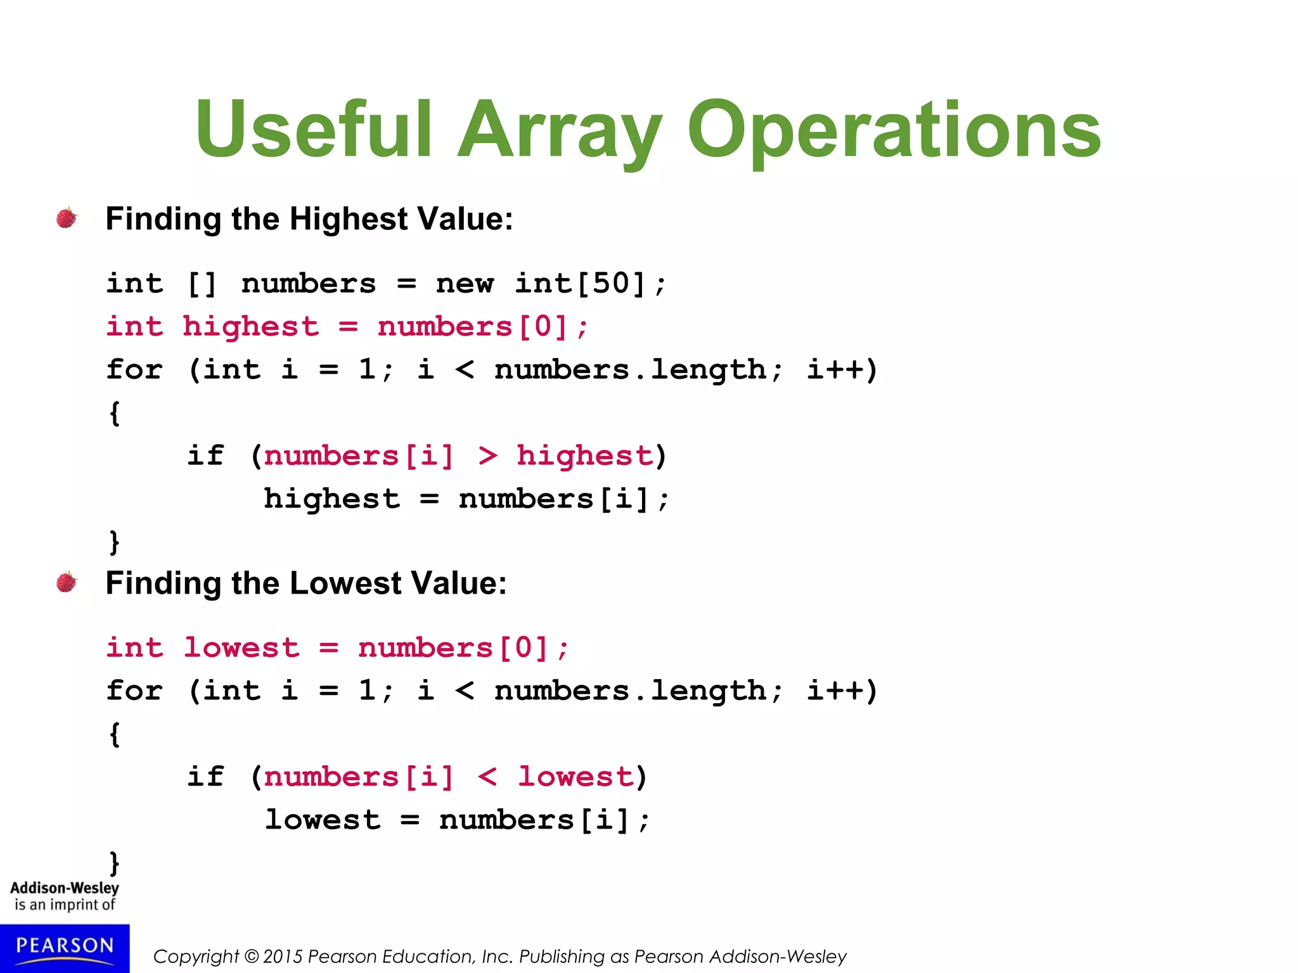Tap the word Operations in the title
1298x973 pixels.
[x=894, y=130]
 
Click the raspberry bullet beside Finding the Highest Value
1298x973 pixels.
[x=67, y=218]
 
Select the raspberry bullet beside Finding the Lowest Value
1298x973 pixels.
[x=67, y=582]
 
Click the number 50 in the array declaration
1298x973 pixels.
[x=610, y=283]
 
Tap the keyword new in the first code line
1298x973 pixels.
[x=464, y=283]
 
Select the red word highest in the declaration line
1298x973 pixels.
[x=250, y=326]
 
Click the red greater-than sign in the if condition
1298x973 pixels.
[x=487, y=455]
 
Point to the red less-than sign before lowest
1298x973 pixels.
[x=487, y=776]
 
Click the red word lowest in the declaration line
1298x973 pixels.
[x=241, y=647]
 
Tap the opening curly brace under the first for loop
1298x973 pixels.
[x=115, y=414]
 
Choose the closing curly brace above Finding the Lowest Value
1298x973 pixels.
[x=115, y=542]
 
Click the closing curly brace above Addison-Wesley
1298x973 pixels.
[x=115, y=863]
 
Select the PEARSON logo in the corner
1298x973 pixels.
[x=65, y=947]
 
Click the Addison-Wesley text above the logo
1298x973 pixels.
[x=65, y=888]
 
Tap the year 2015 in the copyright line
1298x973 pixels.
[x=283, y=957]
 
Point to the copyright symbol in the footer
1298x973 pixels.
[x=252, y=957]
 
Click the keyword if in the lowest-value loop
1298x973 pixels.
[x=205, y=776]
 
